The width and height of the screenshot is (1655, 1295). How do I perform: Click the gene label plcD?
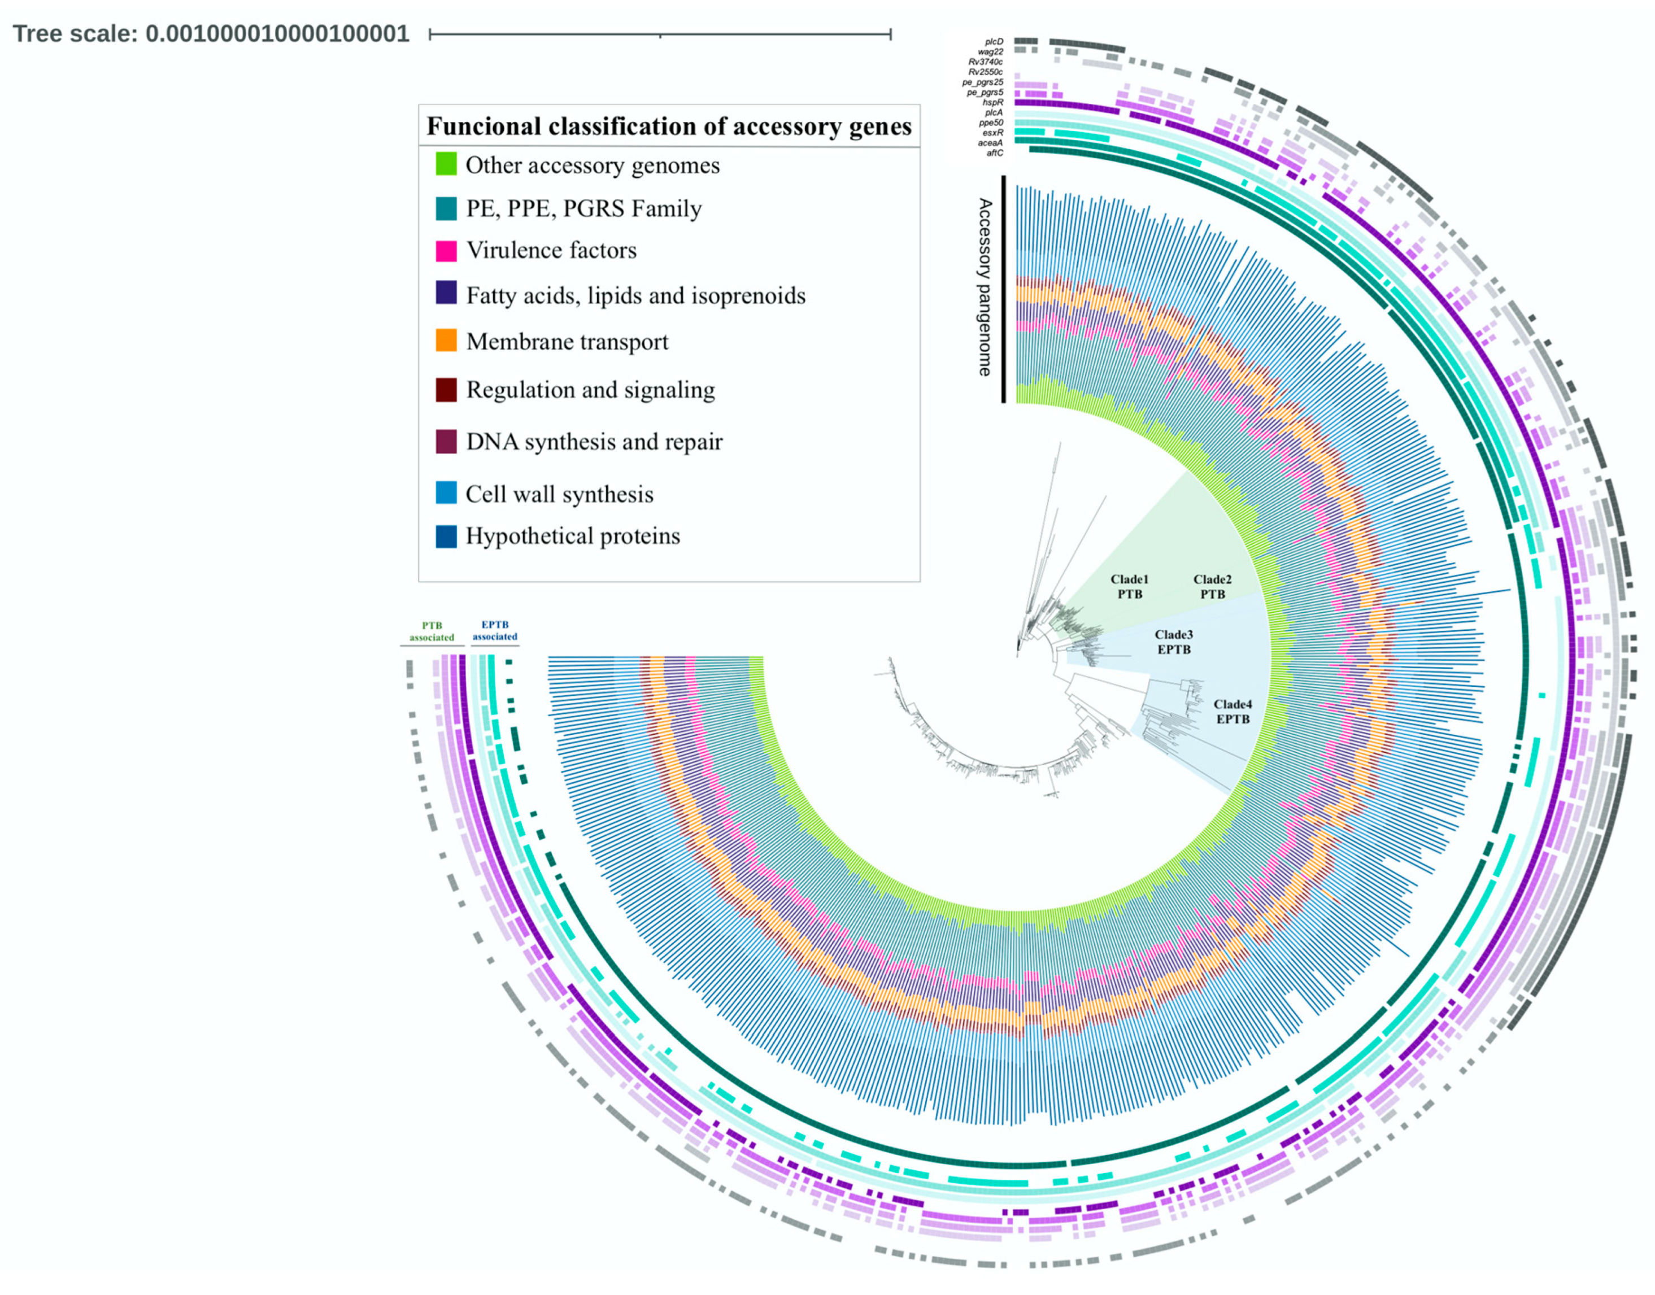[994, 42]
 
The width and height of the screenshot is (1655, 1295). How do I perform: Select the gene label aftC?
[994, 153]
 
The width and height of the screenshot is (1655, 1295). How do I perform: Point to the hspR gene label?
[992, 102]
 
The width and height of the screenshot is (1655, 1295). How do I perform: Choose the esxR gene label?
[992, 133]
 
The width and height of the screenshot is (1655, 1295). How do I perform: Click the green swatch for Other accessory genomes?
[446, 164]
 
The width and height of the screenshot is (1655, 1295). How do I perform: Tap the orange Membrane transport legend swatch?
[446, 341]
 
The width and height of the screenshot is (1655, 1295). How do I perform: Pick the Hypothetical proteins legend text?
[572, 536]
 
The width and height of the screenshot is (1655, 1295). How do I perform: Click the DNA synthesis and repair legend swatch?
[446, 441]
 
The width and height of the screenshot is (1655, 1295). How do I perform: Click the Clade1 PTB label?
[1129, 586]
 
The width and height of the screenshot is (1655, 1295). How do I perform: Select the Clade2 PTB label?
[1212, 586]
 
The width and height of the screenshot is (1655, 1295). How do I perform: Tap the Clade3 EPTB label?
[1174, 642]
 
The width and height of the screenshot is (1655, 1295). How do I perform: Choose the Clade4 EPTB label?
[1232, 711]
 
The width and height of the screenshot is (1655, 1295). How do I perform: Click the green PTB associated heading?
[432, 631]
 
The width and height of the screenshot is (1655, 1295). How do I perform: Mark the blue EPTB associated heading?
[494, 631]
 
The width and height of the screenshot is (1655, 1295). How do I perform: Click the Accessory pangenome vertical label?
[984, 287]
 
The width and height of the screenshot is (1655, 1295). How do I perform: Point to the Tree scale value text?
[277, 34]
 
